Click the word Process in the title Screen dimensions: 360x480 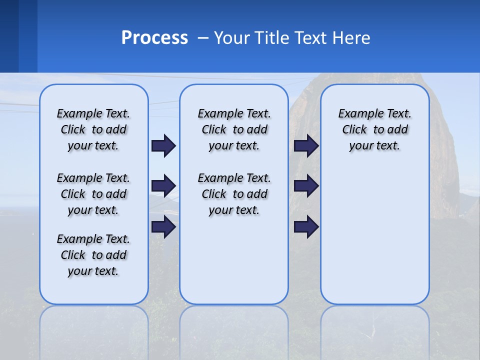click(154, 38)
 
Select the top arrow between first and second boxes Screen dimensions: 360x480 click(163, 145)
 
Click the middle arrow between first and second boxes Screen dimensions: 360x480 click(163, 186)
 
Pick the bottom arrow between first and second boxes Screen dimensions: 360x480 click(163, 227)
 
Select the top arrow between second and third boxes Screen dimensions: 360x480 click(306, 145)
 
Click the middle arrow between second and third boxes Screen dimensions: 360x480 click(306, 186)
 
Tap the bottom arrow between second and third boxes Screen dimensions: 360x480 click(306, 227)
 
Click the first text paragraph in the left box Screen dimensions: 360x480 click(93, 129)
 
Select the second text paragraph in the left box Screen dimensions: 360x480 click(93, 194)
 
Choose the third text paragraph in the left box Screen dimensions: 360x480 click(93, 255)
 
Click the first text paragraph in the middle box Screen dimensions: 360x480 click(234, 129)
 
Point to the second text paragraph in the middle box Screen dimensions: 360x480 click(234, 194)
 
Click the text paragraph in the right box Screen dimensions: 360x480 click(374, 129)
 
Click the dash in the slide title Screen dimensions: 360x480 click(202, 38)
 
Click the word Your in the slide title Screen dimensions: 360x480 click(232, 38)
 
